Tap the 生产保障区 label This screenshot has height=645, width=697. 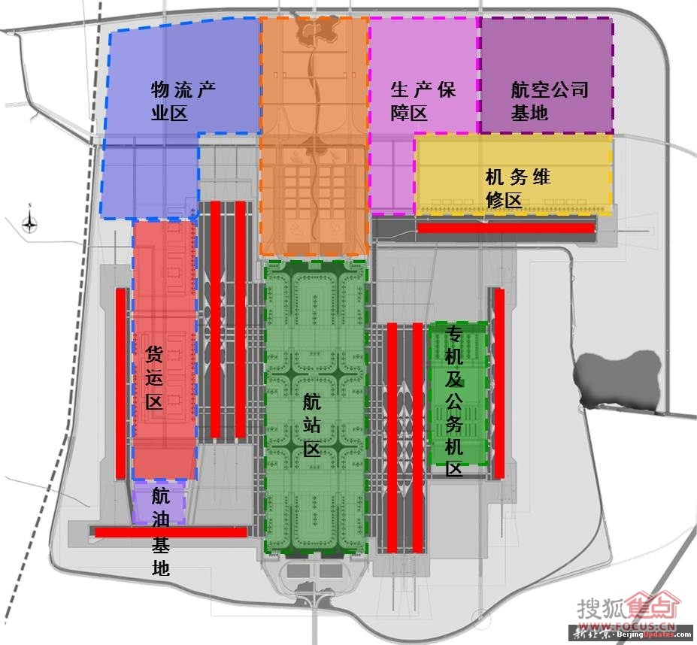[x=422, y=101]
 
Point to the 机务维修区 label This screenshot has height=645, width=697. [x=517, y=189]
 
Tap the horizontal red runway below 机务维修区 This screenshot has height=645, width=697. [x=506, y=228]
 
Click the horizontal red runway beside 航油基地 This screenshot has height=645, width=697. [x=170, y=532]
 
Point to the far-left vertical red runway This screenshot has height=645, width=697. [x=120, y=383]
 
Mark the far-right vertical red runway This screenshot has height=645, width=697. [x=499, y=383]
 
